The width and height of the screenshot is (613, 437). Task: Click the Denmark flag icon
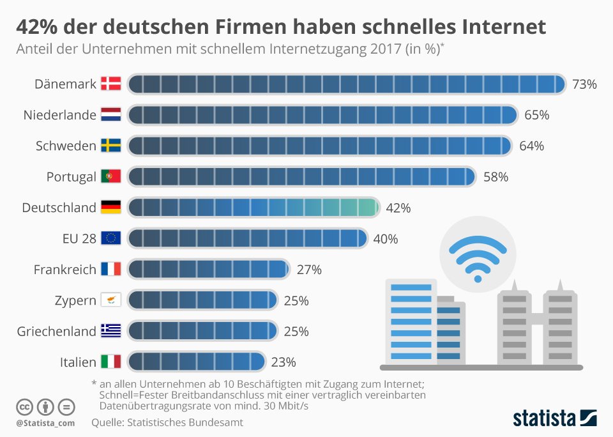[111, 83]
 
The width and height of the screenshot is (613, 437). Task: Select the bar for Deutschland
[254, 208]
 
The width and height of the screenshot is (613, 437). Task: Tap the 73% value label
[584, 84]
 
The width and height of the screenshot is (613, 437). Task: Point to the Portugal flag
[111, 176]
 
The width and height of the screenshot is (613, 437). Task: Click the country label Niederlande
[60, 115]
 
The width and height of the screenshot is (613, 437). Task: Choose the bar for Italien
[197, 362]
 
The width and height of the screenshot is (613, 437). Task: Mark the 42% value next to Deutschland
[398, 208]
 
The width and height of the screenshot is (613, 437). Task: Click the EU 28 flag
[111, 238]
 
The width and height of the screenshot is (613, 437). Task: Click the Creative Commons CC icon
[24, 408]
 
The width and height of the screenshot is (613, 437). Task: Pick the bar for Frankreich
[209, 269]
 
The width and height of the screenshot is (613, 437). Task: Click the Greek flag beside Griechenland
[111, 330]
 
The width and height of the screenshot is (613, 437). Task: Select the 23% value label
[284, 362]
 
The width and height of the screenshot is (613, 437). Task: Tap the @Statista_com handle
[45, 423]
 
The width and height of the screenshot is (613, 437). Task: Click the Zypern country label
[75, 300]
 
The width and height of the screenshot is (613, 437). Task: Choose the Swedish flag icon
[111, 145]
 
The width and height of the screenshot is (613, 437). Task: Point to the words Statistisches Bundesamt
[185, 422]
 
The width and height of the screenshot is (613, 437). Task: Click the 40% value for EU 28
[386, 239]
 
